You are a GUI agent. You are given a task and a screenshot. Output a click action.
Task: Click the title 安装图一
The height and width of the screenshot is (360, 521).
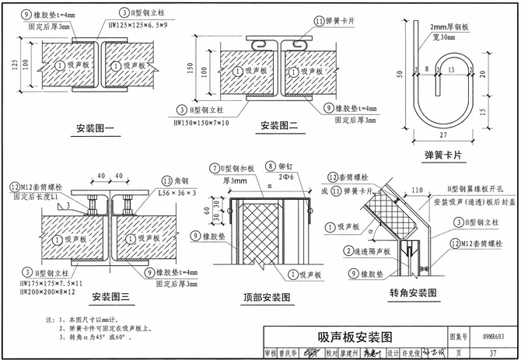(96, 128)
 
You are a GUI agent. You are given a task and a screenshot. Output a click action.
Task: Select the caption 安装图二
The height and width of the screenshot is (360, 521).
(280, 124)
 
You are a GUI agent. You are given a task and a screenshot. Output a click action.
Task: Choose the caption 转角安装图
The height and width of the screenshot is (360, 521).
(412, 293)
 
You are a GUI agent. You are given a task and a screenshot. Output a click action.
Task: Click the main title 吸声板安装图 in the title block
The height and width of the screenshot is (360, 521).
(355, 337)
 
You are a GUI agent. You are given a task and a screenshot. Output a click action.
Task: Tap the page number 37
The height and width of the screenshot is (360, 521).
(491, 352)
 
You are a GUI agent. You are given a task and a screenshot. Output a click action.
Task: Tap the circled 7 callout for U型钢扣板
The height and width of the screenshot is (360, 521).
(215, 169)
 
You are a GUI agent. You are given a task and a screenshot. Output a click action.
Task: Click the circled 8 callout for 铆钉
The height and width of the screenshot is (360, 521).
(271, 166)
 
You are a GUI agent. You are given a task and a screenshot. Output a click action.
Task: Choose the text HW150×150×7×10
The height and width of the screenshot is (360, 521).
(201, 123)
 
